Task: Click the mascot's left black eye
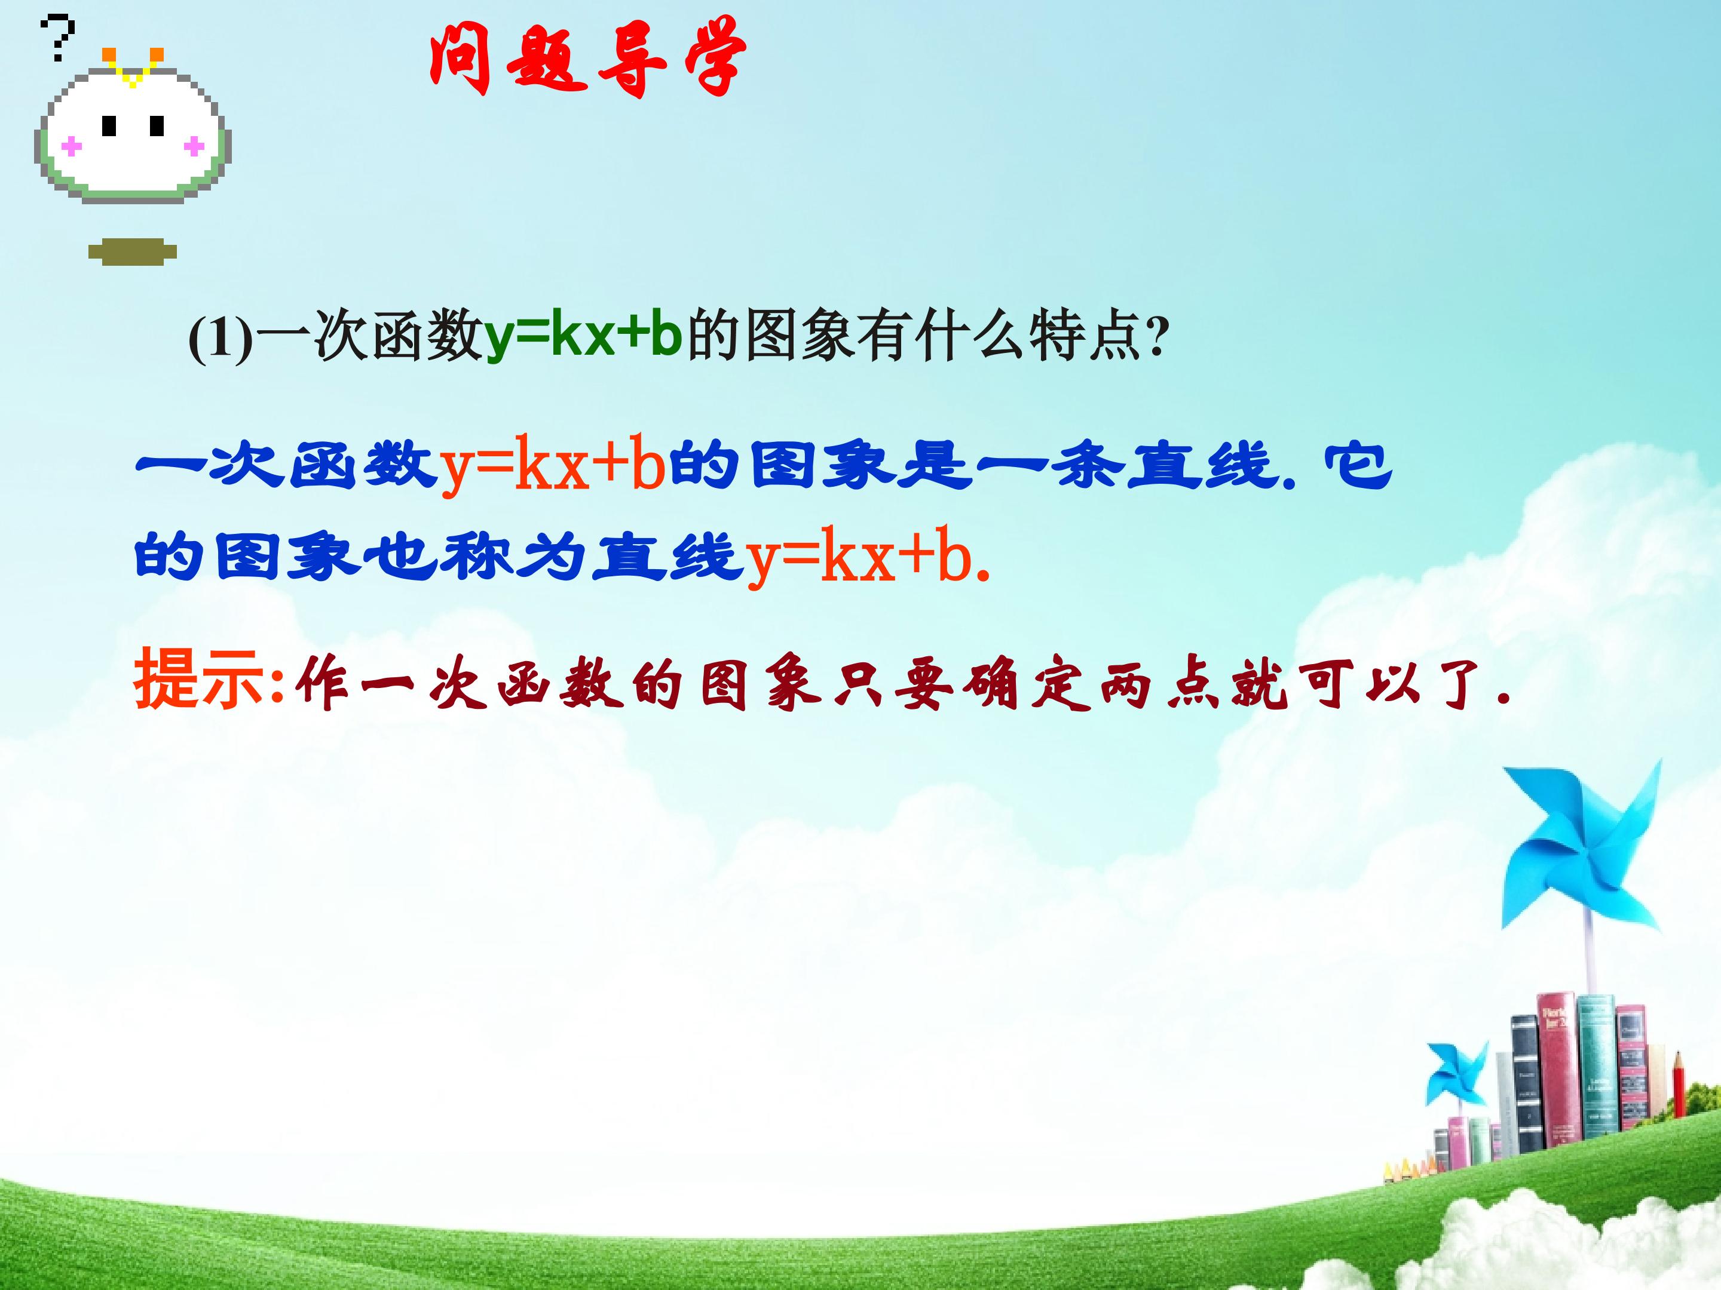110,126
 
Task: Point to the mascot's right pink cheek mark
193,145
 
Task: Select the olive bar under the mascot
132,252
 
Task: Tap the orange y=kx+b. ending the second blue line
868,557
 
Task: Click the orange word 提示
198,680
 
